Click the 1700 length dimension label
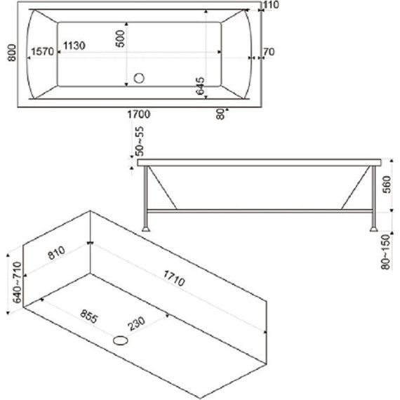[x=139, y=114]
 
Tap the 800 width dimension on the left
[x=12, y=53]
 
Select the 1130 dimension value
[x=74, y=46]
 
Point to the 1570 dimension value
[x=42, y=51]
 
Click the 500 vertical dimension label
[x=120, y=39]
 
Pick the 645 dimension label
[x=200, y=86]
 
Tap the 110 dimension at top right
[x=271, y=5]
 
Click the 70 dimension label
[x=269, y=52]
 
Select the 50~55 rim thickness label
[x=140, y=141]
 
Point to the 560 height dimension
[x=387, y=185]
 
